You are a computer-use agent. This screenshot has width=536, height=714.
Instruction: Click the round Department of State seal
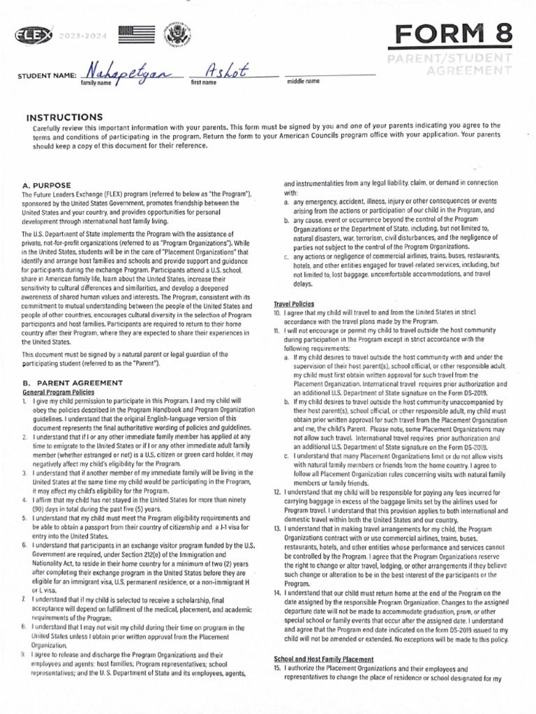[172, 35]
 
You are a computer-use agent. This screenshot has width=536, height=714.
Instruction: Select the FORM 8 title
[454, 33]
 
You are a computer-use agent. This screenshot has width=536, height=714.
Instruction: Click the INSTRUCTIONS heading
[64, 117]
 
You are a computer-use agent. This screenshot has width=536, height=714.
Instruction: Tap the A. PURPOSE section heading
[47, 185]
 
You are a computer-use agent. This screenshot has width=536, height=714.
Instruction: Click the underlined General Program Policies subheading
[59, 392]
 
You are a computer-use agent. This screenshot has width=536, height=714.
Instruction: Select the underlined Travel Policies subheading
[293, 304]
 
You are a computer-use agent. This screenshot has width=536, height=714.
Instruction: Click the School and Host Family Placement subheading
[323, 659]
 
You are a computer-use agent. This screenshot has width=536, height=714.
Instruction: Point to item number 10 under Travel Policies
[276, 313]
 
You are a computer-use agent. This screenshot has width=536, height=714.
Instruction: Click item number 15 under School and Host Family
[276, 668]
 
